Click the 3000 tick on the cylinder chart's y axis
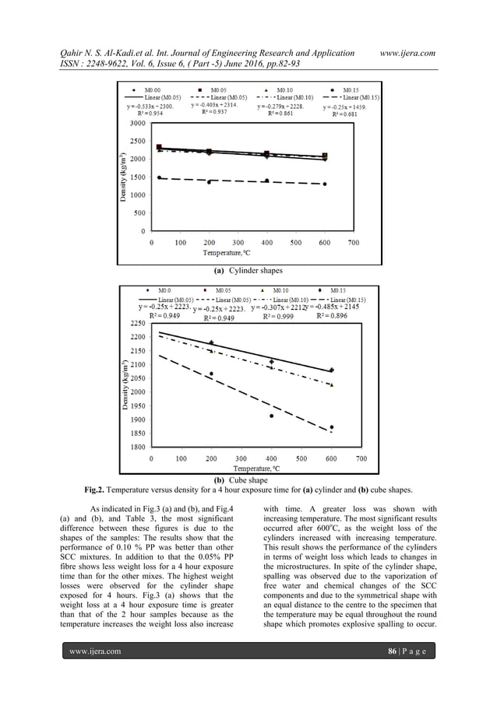point(133,123)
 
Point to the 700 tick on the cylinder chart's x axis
point(353,243)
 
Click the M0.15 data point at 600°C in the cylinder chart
point(325,184)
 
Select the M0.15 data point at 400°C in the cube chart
point(272,416)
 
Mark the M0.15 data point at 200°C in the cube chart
point(211,374)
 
